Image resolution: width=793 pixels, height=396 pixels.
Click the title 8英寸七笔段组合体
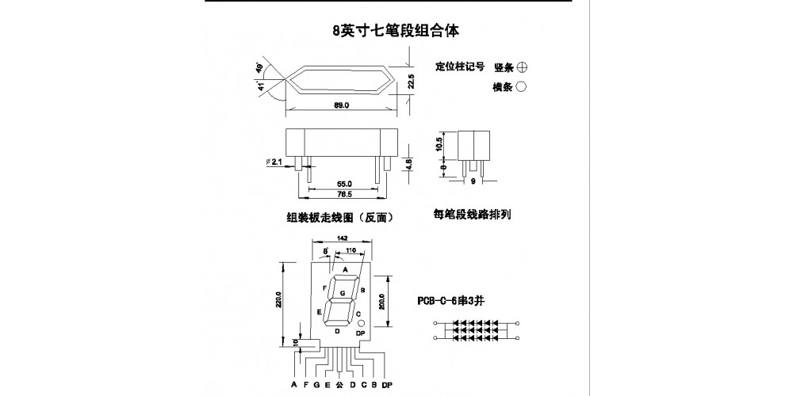pos(396,31)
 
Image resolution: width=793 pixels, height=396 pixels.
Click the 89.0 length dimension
pos(341,105)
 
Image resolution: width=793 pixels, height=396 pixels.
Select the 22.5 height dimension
pos(411,81)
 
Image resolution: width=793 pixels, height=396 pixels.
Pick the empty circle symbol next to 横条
pos(522,87)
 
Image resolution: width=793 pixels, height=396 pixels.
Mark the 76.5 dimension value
pos(343,194)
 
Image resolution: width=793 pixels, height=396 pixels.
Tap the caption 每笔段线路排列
pos(472,213)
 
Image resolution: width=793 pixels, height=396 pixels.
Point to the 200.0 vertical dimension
pos(381,303)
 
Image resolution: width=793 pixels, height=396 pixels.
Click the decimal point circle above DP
pos(360,325)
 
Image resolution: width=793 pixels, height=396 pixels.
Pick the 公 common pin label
pos(339,386)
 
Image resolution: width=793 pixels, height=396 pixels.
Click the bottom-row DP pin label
pos(387,386)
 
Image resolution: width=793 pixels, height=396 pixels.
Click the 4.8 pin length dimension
pos(411,164)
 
